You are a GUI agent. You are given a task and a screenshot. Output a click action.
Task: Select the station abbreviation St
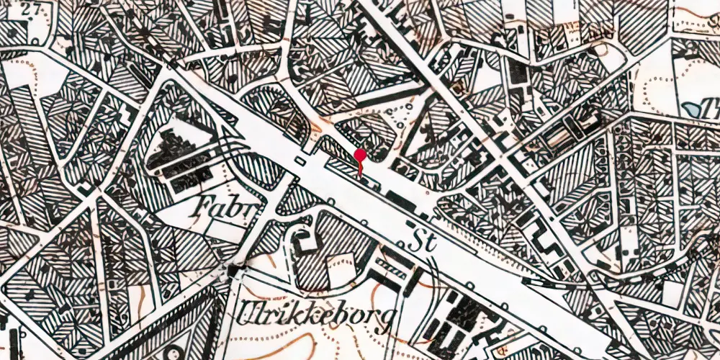click(424, 240)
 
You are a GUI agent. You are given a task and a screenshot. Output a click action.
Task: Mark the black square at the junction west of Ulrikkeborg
click(234, 271)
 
